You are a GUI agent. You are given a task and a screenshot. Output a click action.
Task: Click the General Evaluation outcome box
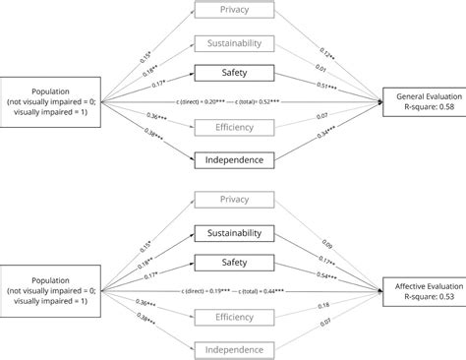[x=423, y=100]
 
